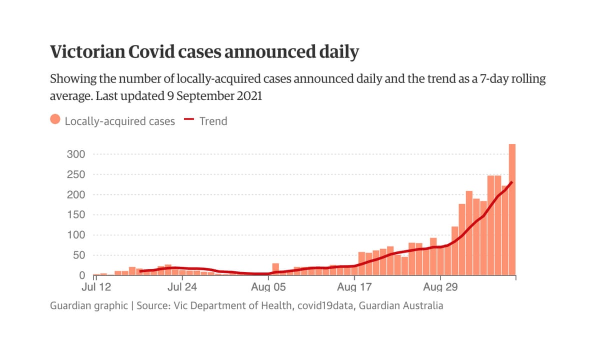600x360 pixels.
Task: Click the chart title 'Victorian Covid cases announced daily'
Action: [x=204, y=52]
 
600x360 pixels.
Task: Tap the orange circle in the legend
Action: [x=55, y=120]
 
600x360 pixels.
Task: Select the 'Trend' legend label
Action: [x=213, y=121]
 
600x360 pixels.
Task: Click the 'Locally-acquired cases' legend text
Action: [x=120, y=121]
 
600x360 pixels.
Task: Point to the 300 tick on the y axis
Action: [x=75, y=154]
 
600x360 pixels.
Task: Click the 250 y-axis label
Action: [x=75, y=174]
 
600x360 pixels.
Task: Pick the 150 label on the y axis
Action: [x=75, y=215]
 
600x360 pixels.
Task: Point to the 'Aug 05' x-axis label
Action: [x=268, y=287]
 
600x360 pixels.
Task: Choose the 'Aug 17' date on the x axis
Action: [x=354, y=287]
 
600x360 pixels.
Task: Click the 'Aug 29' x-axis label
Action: [x=440, y=287]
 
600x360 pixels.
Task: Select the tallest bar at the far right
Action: [x=512, y=210]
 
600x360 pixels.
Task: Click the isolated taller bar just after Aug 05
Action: [x=275, y=269]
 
